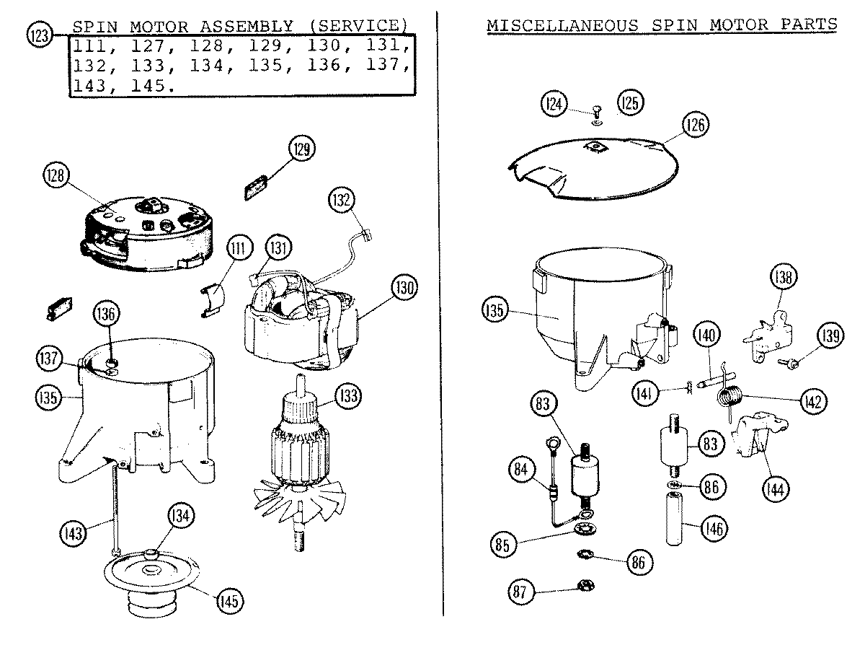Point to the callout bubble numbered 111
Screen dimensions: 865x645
click(237, 250)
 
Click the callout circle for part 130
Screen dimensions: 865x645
click(404, 289)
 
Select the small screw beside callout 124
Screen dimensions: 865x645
click(595, 113)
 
